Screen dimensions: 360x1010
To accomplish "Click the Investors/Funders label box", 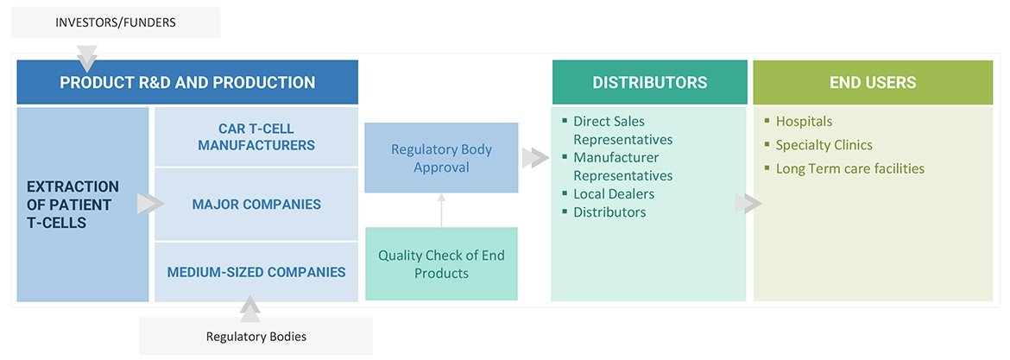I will click(x=116, y=22).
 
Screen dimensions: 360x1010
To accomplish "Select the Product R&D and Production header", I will click(x=187, y=83).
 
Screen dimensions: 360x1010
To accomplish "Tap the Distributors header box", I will click(x=649, y=83).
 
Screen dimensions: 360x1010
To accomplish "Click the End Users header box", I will click(x=873, y=83).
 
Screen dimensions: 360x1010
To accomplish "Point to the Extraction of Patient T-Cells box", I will click(x=82, y=205).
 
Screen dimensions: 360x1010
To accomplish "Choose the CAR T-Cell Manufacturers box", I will click(x=256, y=137).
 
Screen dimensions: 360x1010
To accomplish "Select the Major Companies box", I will click(x=256, y=205).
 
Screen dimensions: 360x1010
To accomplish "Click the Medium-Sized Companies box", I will click(x=256, y=272).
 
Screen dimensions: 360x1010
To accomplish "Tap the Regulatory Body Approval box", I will click(x=441, y=158).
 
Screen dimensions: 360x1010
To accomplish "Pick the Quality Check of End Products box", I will click(x=441, y=264).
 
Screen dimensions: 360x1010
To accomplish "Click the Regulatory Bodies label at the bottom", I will click(x=256, y=336).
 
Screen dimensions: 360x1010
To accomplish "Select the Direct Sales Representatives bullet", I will click(x=622, y=130).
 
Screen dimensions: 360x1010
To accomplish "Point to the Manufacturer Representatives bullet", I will click(x=622, y=167).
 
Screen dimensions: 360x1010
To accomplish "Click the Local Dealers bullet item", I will click(x=614, y=194).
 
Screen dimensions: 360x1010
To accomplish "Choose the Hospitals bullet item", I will click(x=804, y=122).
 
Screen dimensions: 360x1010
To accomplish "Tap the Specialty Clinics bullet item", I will click(x=824, y=145).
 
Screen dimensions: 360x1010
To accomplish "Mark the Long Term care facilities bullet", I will click(x=849, y=169).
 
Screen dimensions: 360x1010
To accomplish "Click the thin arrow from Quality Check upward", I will click(x=441, y=210).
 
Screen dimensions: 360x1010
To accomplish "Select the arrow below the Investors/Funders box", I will click(x=87, y=60).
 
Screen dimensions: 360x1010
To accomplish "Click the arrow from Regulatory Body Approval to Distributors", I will click(x=535, y=158).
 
